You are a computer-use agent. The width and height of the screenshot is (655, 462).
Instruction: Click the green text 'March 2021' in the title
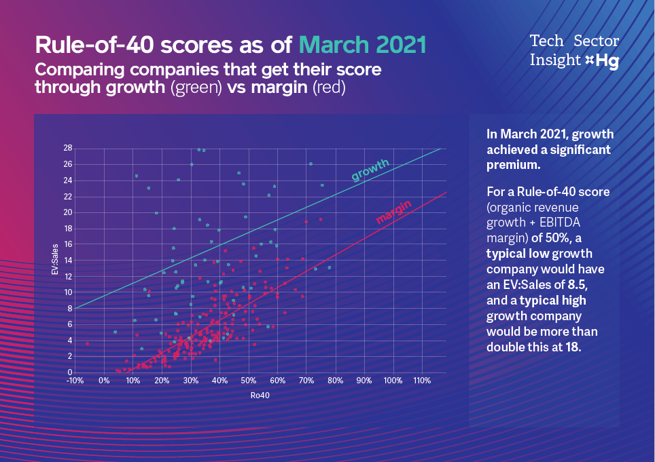[x=362, y=45]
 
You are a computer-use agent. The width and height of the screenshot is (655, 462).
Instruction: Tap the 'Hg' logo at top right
[x=607, y=60]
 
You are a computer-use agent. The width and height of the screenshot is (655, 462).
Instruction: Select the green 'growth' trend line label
[x=370, y=170]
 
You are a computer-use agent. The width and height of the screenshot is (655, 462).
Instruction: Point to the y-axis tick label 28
[x=67, y=148]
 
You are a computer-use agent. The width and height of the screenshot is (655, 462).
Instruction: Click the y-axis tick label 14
[x=67, y=261]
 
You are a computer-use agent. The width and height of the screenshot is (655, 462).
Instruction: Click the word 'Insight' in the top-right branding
[x=555, y=60]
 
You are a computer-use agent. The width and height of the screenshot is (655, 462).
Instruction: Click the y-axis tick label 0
[x=69, y=372]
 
